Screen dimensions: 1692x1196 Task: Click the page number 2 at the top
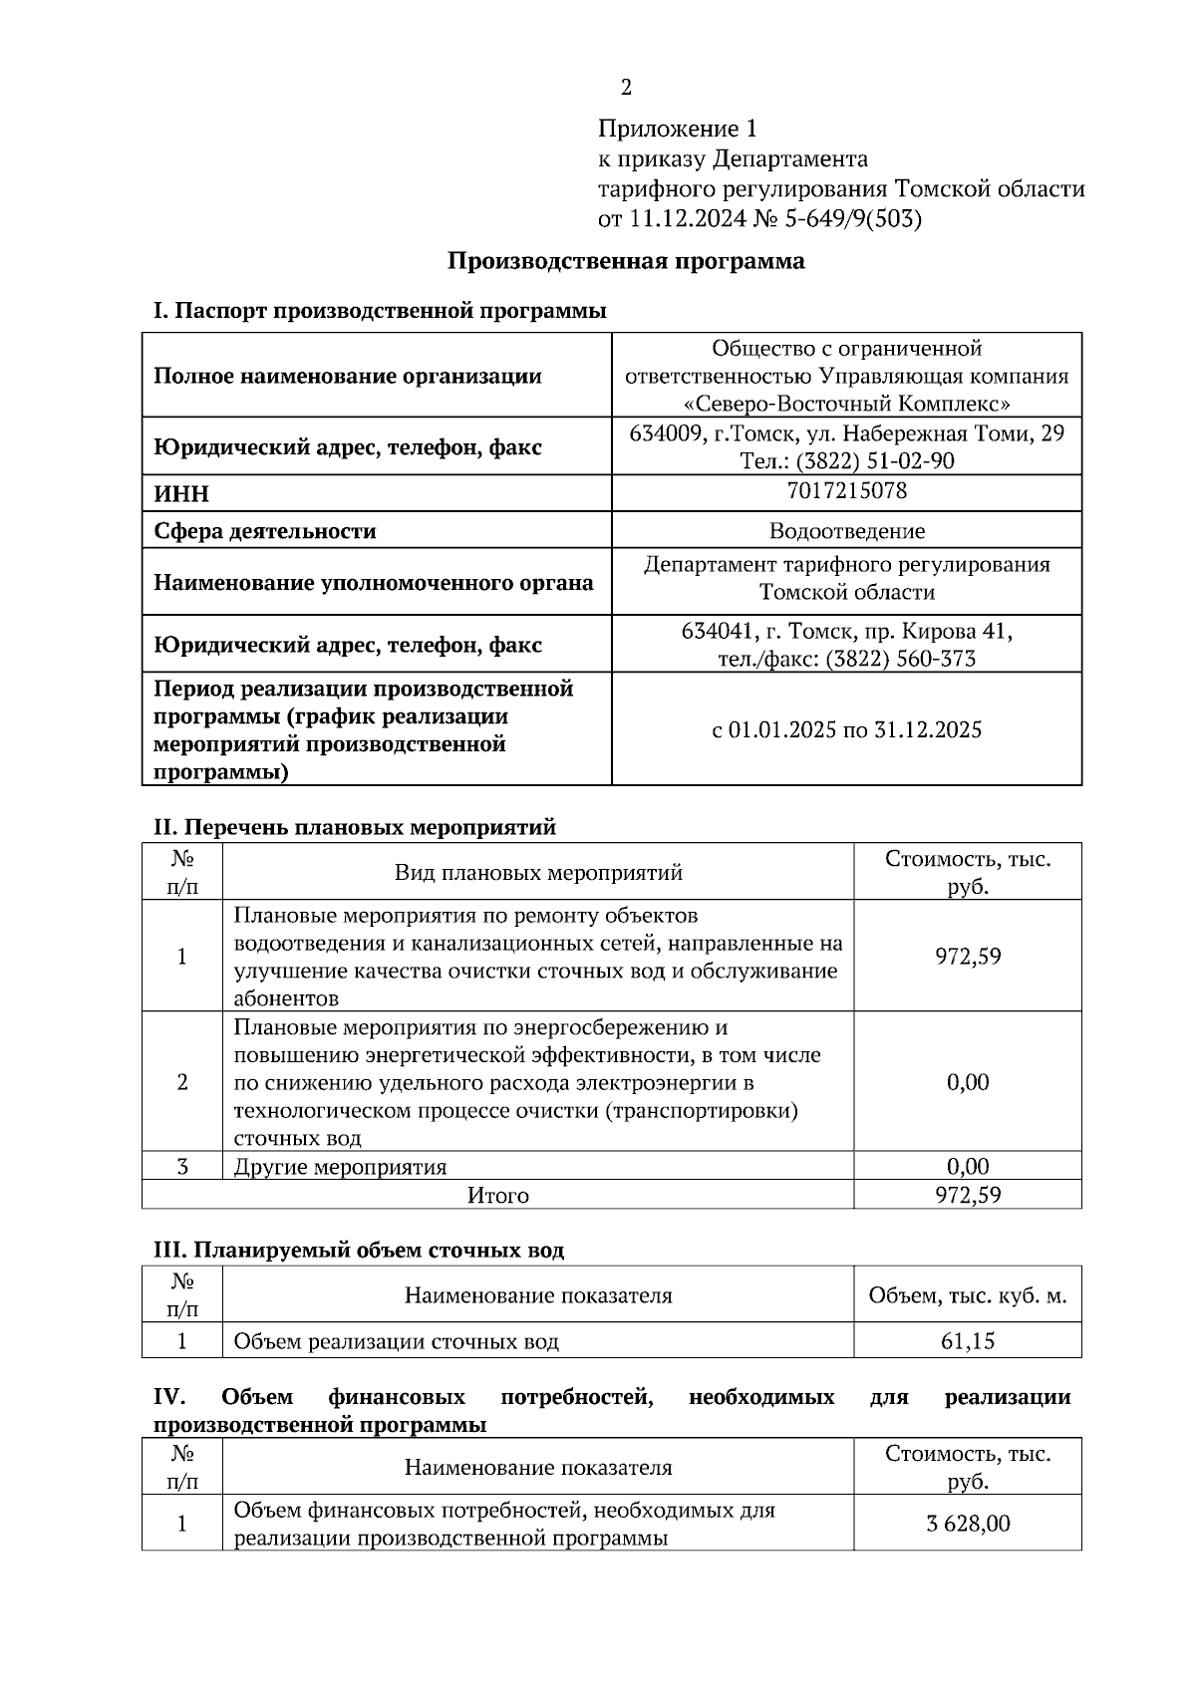click(x=626, y=89)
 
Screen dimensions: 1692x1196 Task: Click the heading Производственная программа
click(x=625, y=262)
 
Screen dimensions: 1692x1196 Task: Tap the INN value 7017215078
click(x=846, y=490)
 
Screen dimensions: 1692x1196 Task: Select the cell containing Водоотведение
click(x=846, y=531)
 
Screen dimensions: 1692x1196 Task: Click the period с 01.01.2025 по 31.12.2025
click(x=846, y=730)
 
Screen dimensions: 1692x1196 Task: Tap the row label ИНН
click(x=181, y=494)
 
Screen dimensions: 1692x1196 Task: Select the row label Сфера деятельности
click(x=264, y=531)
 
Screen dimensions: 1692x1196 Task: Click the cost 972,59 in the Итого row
click(x=967, y=1195)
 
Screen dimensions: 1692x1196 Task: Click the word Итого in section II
click(x=497, y=1195)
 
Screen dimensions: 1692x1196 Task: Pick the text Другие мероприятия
click(x=340, y=1167)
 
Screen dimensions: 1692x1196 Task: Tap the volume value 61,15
click(x=967, y=1341)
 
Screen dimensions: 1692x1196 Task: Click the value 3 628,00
click(x=967, y=1524)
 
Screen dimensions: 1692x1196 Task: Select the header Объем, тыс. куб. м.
click(x=967, y=1296)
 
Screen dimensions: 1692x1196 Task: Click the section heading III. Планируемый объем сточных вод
click(x=358, y=1250)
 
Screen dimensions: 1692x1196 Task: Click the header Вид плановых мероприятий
click(x=538, y=873)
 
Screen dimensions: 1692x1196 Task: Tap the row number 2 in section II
click(x=181, y=1082)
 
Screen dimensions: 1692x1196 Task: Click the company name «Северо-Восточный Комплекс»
click(x=846, y=405)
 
